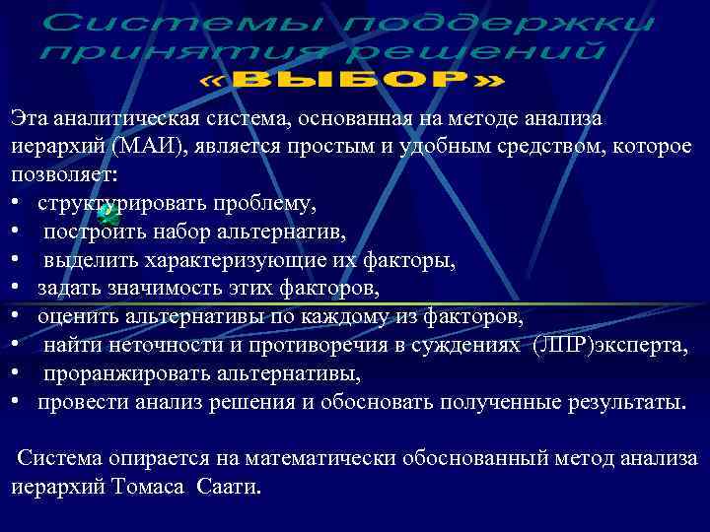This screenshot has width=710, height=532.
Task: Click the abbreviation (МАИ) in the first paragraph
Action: coord(139,146)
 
